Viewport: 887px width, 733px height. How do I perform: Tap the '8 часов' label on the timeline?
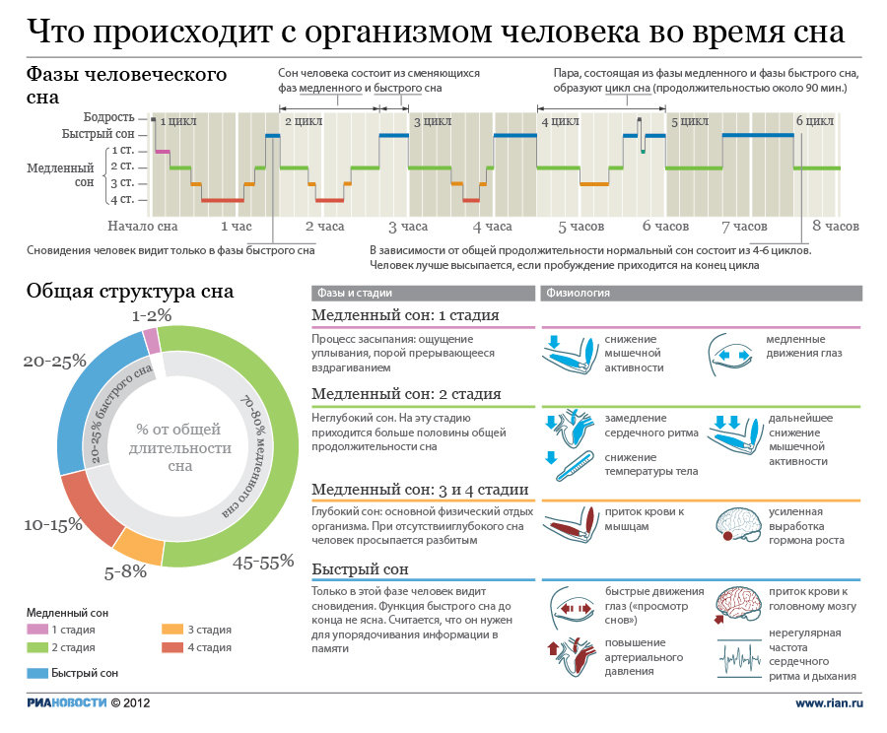tap(835, 227)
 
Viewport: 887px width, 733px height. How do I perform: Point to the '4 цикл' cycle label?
tap(560, 122)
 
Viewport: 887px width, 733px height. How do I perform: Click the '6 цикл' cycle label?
tap(814, 122)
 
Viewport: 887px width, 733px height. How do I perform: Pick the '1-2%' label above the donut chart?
tap(152, 315)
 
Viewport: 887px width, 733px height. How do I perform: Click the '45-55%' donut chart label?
tap(263, 563)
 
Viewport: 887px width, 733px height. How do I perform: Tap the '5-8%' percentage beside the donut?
tap(125, 571)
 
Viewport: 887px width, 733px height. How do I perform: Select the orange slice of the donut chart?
tap(137, 545)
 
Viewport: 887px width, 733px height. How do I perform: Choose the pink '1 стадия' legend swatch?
tap(36, 629)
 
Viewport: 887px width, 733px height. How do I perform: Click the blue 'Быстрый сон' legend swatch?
tap(36, 673)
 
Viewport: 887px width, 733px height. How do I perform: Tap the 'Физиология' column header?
tap(577, 293)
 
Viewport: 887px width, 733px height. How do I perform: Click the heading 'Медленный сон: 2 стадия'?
tap(406, 394)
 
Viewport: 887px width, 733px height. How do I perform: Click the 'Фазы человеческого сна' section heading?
tap(126, 86)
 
